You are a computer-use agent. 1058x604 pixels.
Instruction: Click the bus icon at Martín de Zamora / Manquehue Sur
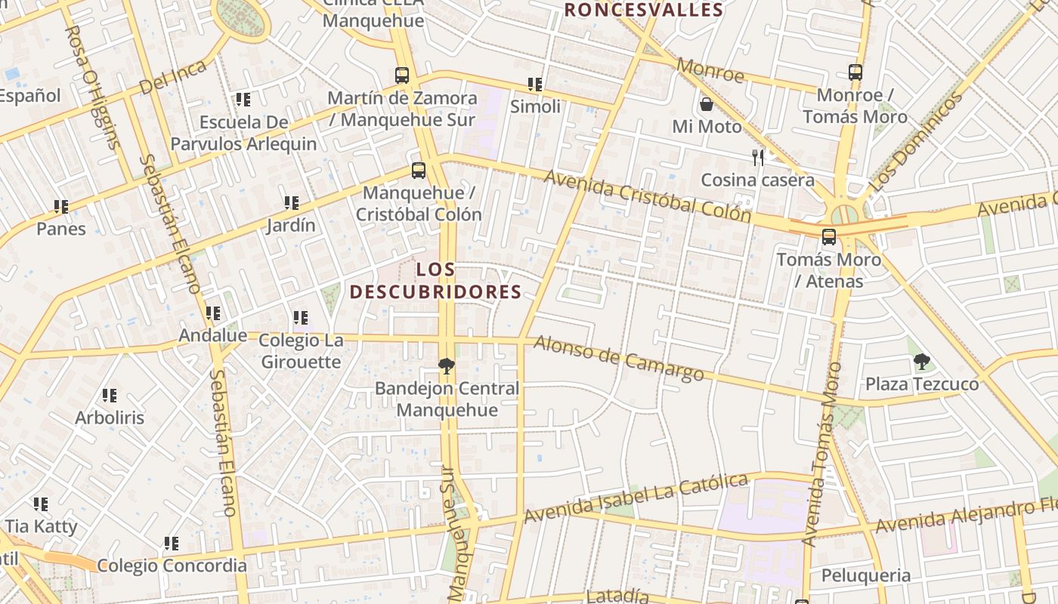tap(402, 75)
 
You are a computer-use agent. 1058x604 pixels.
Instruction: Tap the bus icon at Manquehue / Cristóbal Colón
tap(419, 171)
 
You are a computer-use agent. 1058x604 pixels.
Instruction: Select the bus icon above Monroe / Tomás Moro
tap(855, 72)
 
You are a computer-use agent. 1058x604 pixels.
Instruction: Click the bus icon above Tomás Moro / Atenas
tap(829, 237)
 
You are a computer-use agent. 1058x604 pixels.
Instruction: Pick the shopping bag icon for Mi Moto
tap(707, 104)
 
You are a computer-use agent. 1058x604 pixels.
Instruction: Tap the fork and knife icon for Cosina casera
tap(758, 157)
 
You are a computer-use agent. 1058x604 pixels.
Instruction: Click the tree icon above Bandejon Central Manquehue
tap(447, 366)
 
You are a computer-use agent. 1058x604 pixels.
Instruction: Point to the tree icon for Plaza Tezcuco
tap(921, 362)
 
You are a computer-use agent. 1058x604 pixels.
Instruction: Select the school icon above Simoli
tap(535, 85)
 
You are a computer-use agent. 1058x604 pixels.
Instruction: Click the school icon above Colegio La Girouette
tap(301, 318)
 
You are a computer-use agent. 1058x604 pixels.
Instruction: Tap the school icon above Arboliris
tap(110, 395)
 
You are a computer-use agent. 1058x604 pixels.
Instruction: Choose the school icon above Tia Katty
tap(41, 504)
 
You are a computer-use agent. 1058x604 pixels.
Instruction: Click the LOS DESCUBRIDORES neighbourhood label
tap(436, 281)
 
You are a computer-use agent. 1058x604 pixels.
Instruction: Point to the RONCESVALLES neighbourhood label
tap(644, 10)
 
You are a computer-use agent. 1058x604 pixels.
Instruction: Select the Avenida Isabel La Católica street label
tap(636, 498)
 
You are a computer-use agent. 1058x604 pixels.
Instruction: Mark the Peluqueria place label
tap(866, 575)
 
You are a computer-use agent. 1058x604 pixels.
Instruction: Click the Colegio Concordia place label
tap(172, 565)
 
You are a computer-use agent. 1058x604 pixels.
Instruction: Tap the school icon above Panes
tap(61, 206)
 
